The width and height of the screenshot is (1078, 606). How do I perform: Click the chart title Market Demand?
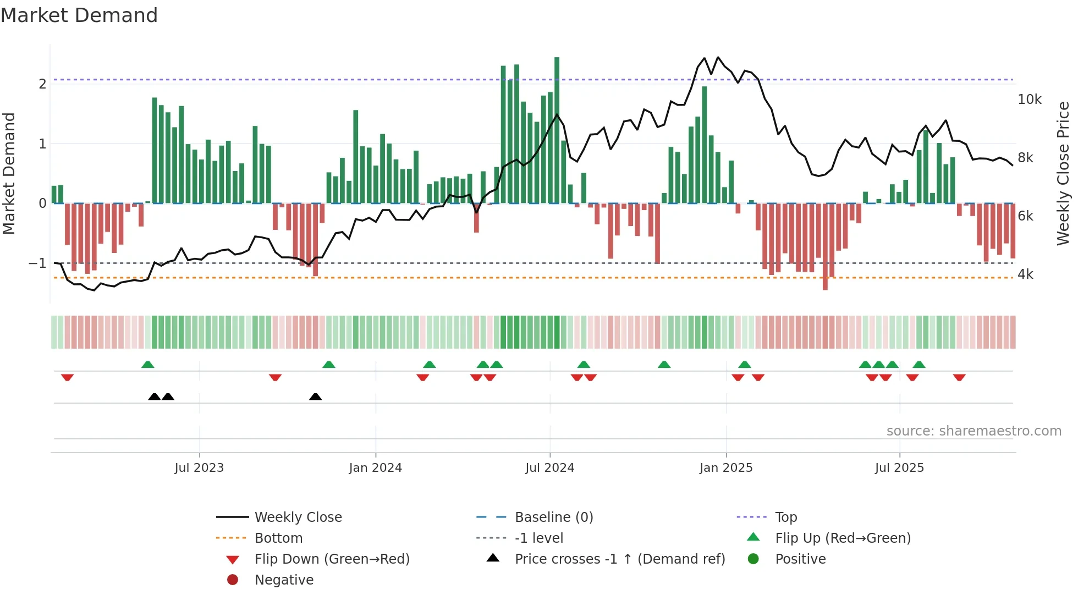(x=79, y=15)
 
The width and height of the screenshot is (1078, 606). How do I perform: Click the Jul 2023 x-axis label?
(x=199, y=468)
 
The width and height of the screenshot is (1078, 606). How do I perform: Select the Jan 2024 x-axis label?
(x=376, y=468)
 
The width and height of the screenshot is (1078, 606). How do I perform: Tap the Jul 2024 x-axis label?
(x=550, y=468)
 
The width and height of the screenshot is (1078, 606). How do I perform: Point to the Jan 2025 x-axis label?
(x=726, y=468)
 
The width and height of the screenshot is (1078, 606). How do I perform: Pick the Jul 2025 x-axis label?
(x=900, y=468)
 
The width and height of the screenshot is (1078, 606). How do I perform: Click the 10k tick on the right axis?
(x=1030, y=100)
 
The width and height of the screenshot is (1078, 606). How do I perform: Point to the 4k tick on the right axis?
(x=1026, y=274)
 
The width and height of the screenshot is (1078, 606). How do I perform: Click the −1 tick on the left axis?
(x=37, y=263)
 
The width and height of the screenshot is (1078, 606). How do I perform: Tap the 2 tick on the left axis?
(x=42, y=84)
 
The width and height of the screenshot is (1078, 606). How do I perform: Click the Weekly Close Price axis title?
(x=1063, y=173)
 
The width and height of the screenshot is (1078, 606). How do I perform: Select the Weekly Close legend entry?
(x=298, y=517)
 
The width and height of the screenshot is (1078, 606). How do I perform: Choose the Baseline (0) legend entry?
(x=554, y=517)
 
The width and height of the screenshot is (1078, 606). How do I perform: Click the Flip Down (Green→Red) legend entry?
(x=332, y=559)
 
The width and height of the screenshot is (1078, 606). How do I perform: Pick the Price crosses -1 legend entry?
(x=620, y=559)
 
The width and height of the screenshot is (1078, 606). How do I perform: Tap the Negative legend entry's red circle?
(x=233, y=580)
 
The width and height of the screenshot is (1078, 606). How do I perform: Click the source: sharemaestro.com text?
(x=974, y=431)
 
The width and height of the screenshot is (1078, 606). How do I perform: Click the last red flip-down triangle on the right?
(x=959, y=377)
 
